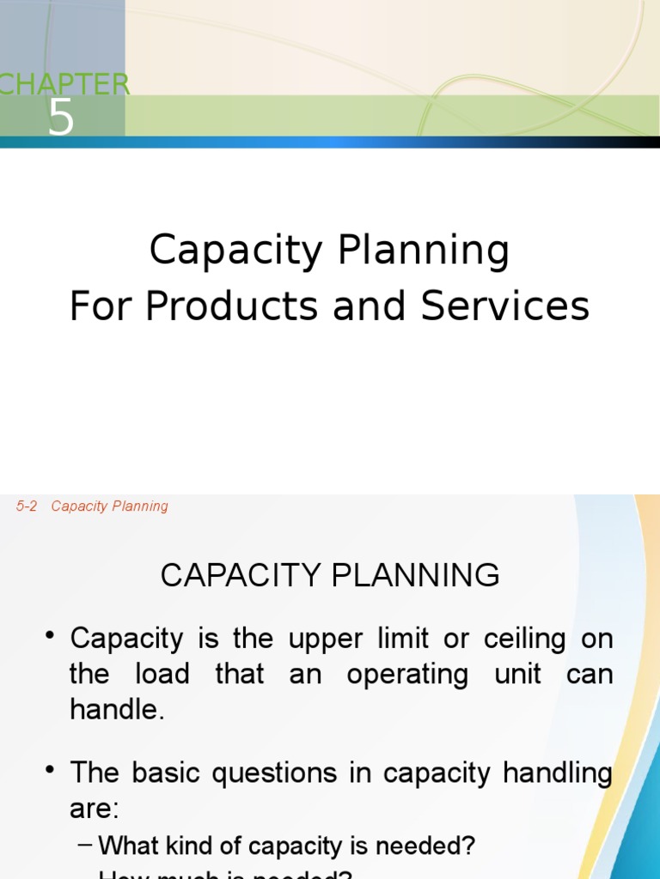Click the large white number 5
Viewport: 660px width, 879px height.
pos(61,118)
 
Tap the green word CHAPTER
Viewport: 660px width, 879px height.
pos(64,85)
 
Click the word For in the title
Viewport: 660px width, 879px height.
pos(101,306)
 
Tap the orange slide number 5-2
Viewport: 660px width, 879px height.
pos(27,506)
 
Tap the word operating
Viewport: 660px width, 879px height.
pos(407,674)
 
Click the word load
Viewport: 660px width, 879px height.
pos(162,674)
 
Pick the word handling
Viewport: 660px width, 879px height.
pos(558,773)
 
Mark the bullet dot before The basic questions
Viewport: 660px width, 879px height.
pos(51,771)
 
